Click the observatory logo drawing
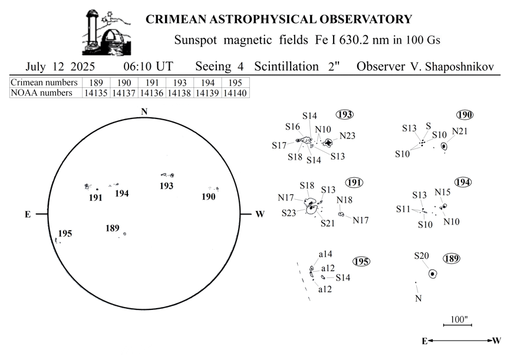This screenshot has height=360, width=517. (x=106, y=32)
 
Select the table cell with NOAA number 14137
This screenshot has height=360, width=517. (x=124, y=93)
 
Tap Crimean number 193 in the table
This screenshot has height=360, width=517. (x=180, y=82)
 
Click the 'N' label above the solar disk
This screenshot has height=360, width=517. (x=144, y=112)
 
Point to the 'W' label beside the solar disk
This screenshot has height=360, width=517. (x=260, y=214)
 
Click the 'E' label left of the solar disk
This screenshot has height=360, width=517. (x=28, y=214)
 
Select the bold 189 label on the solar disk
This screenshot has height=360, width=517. (x=113, y=228)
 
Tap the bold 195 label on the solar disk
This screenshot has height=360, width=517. (x=65, y=233)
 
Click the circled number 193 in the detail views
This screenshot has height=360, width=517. (x=344, y=114)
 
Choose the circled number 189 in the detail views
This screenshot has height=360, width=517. (x=451, y=259)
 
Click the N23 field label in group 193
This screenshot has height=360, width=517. (x=347, y=136)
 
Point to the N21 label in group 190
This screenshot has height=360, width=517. (x=460, y=131)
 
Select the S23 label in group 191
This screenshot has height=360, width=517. (x=288, y=213)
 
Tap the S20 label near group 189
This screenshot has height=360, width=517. (x=421, y=256)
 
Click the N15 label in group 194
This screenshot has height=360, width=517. (x=443, y=192)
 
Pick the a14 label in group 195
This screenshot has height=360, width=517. (x=325, y=254)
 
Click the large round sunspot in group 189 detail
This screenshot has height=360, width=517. (x=433, y=273)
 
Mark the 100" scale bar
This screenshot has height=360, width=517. (x=457, y=325)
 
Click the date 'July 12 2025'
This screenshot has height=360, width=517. (x=60, y=67)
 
